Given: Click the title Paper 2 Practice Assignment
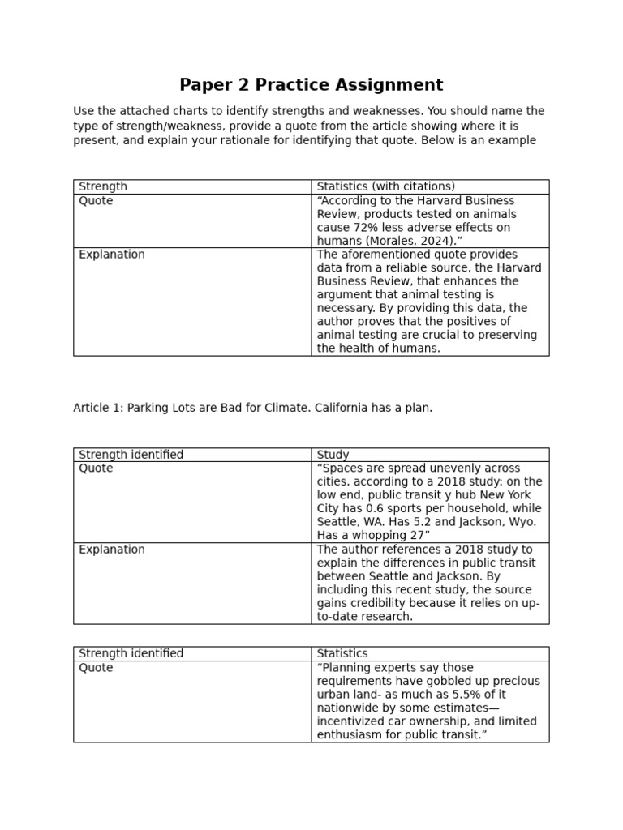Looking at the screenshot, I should click(x=311, y=85).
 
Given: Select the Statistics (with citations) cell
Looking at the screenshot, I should click(x=385, y=186).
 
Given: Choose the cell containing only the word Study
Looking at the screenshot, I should click(x=333, y=455).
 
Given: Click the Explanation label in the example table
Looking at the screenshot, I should click(x=112, y=255).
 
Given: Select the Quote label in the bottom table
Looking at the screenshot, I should click(x=96, y=668).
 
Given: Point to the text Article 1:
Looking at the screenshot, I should click(x=97, y=408).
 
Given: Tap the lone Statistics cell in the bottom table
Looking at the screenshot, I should click(x=342, y=653).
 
